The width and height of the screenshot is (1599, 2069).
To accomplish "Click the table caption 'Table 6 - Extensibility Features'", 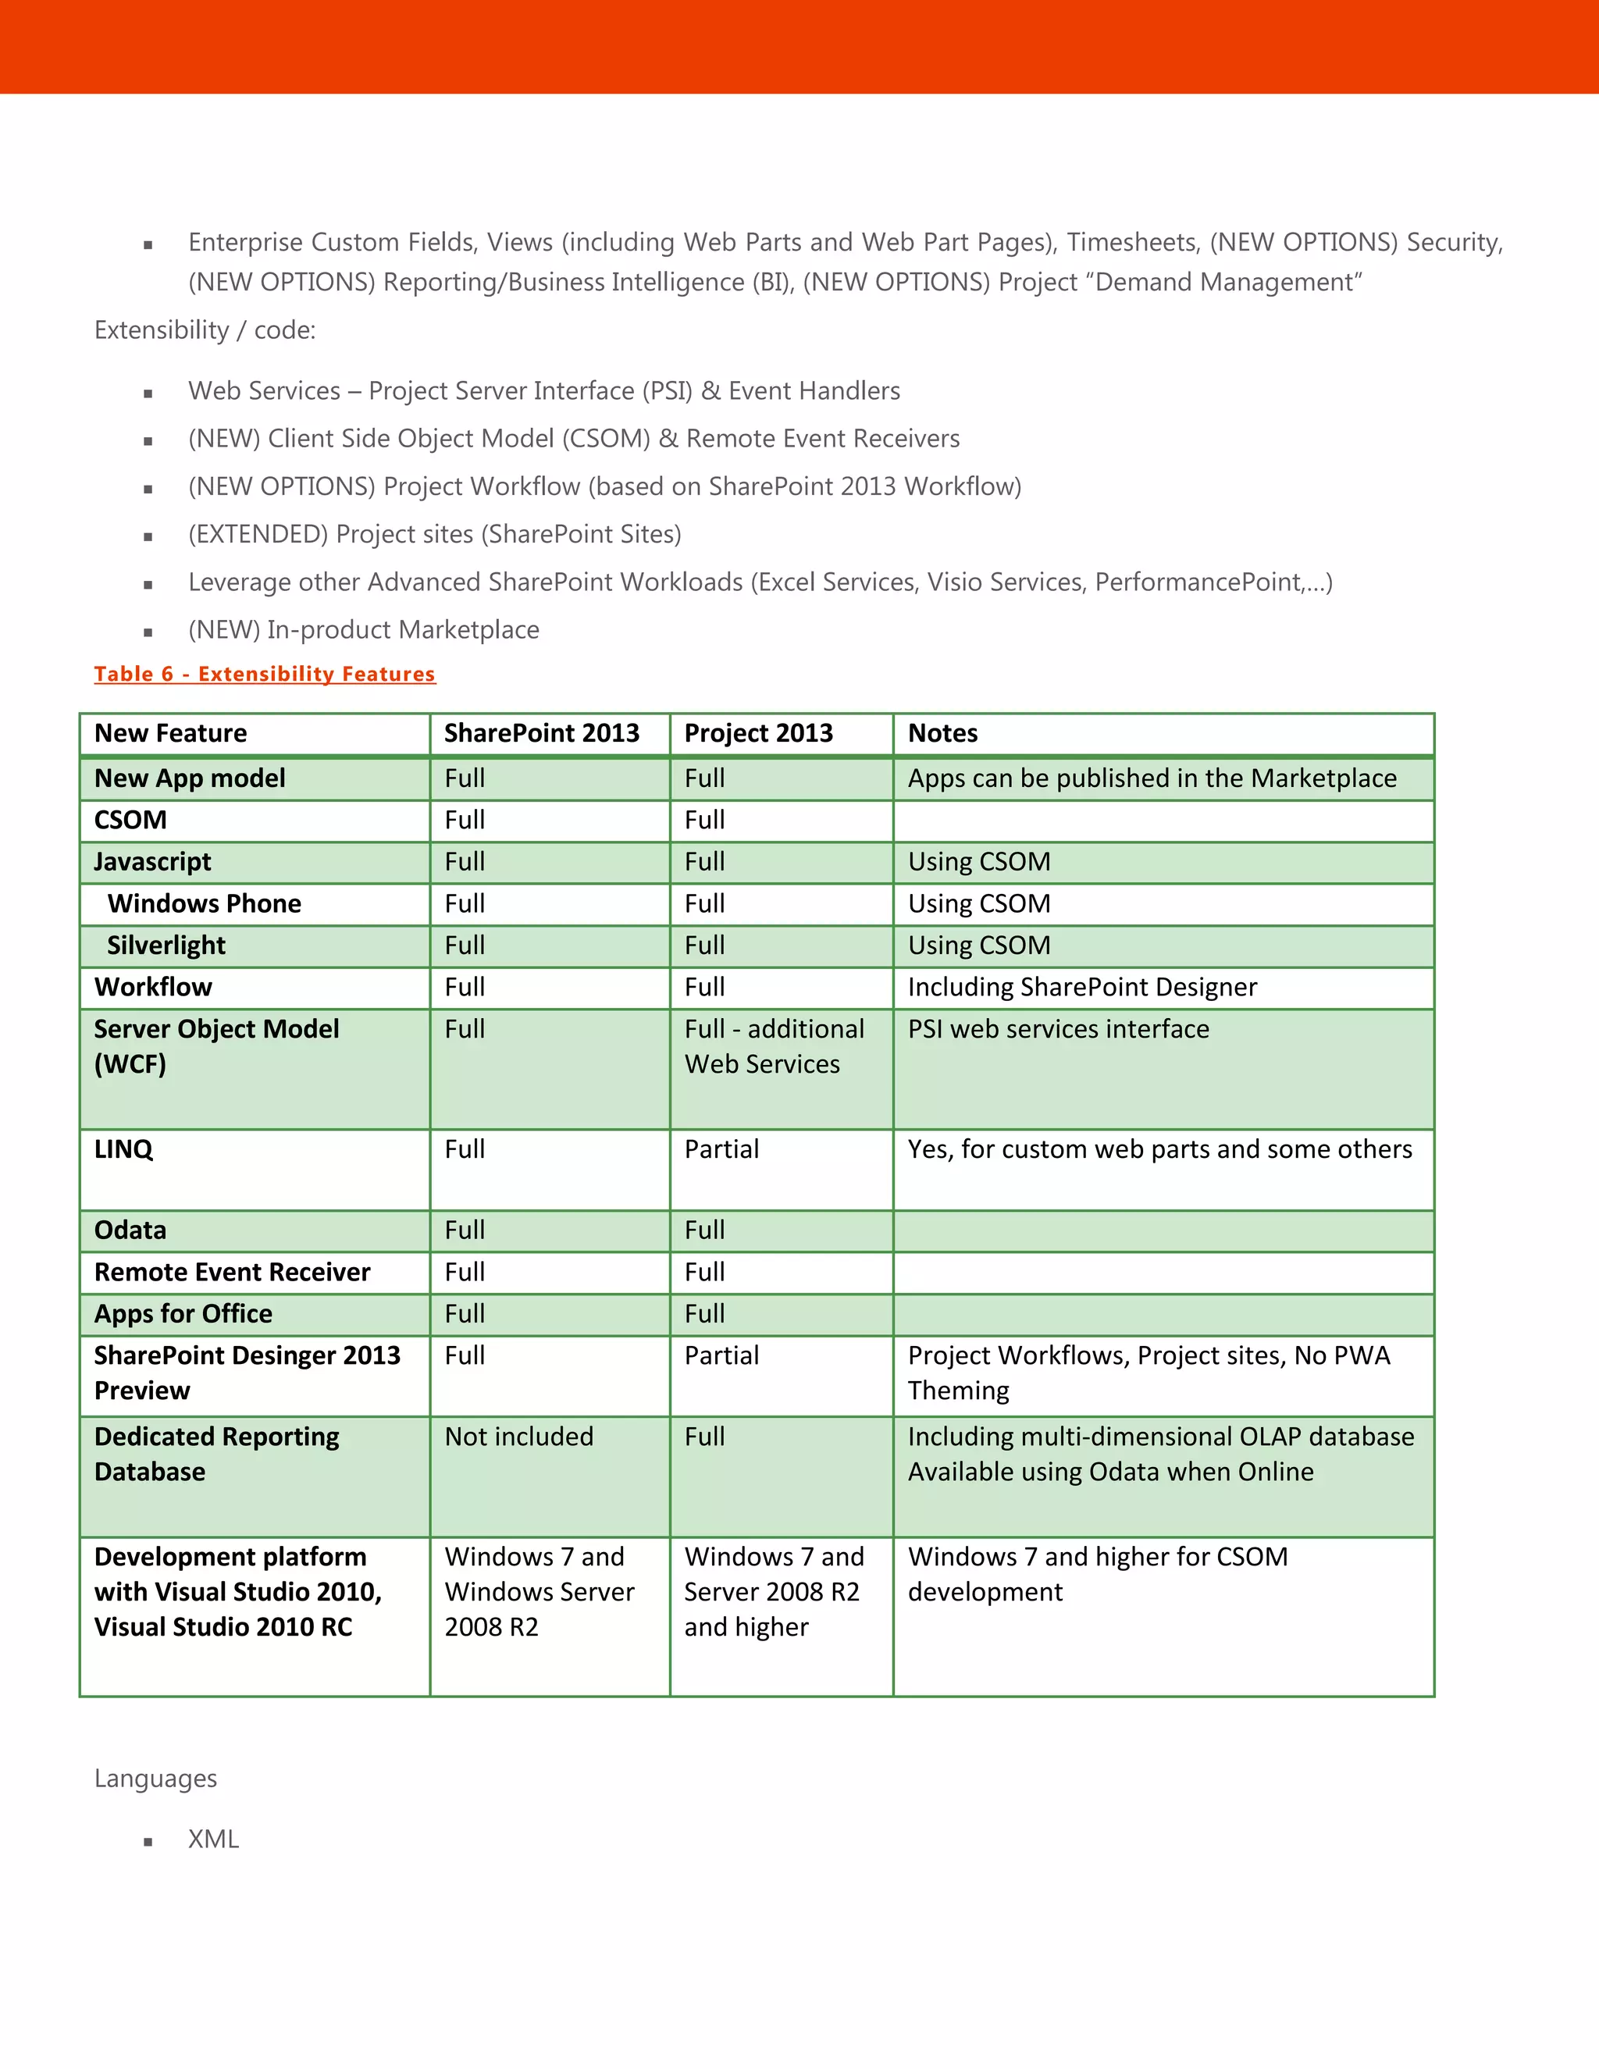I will click(x=265, y=674).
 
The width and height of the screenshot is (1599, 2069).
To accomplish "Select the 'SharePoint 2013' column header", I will click(x=541, y=733).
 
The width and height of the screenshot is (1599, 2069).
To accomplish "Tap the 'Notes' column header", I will click(x=942, y=733).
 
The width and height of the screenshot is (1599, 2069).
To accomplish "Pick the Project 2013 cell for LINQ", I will click(x=722, y=1149).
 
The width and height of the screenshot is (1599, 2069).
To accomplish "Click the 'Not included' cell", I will click(x=519, y=1437).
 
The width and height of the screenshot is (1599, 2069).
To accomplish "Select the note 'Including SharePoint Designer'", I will click(x=1082, y=987).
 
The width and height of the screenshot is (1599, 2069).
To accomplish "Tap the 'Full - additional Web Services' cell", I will click(x=774, y=1047).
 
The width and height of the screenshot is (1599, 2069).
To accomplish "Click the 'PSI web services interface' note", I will click(x=1058, y=1030).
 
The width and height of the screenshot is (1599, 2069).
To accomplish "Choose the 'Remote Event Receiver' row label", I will click(x=232, y=1273).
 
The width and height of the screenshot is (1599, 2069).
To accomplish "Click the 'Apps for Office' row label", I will click(x=183, y=1314).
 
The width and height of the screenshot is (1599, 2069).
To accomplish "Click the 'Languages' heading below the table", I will click(x=155, y=1779).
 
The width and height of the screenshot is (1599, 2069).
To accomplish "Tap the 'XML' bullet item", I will click(x=213, y=1839).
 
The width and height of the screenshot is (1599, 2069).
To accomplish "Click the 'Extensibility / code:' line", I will click(x=205, y=330).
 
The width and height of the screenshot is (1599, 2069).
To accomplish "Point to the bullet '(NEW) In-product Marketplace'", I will click(x=364, y=630).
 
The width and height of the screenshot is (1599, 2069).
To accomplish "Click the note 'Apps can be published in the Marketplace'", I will click(x=1152, y=778).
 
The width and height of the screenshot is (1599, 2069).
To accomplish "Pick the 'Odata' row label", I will click(x=130, y=1230).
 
